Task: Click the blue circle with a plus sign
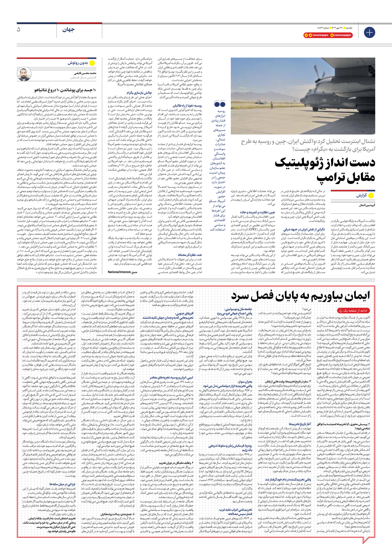369,32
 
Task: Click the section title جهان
68,30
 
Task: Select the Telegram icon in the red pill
306,35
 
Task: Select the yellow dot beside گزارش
371,195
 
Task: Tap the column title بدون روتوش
78,63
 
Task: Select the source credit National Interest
119,272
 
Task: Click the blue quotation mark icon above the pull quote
220,104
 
